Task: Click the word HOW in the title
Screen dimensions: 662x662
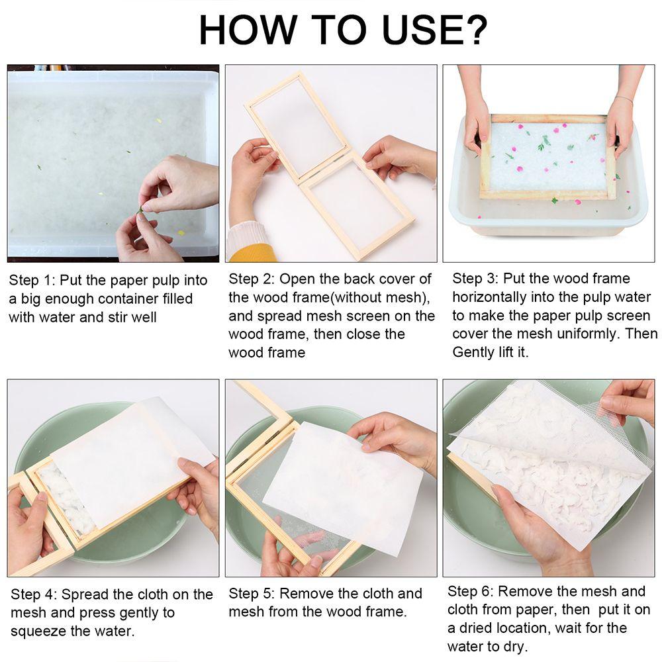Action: (x=246, y=30)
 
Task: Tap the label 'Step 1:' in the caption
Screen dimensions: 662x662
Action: (x=32, y=280)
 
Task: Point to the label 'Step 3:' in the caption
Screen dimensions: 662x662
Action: (x=475, y=279)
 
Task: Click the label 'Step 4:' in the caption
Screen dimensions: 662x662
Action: (x=33, y=594)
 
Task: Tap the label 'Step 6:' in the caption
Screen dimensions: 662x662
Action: (x=470, y=591)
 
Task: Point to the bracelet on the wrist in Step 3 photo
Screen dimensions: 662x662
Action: (x=623, y=99)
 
